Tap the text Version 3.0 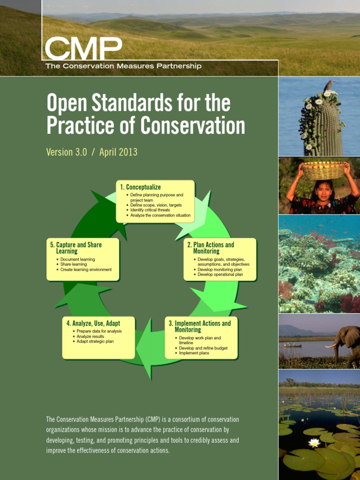click(67, 152)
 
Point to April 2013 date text click(118, 152)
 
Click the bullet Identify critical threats click(150, 210)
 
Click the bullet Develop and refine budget click(203, 348)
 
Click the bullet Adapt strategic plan click(95, 341)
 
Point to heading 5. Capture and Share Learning click(75, 248)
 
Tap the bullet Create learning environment click(86, 270)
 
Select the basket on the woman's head click(323, 170)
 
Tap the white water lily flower click(314, 442)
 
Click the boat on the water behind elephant click(292, 346)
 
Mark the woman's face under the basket click(323, 191)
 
